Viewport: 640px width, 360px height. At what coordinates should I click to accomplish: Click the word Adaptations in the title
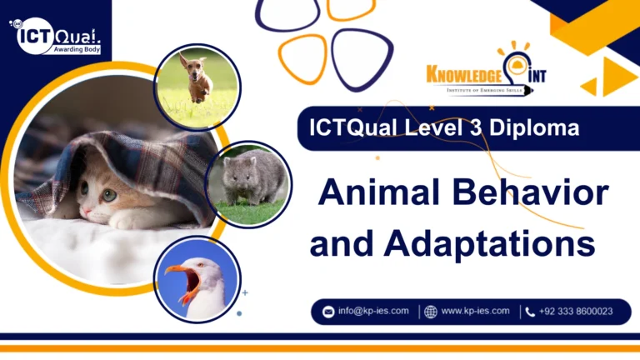click(x=489, y=243)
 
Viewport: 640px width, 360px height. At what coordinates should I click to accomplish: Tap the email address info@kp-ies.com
click(x=373, y=311)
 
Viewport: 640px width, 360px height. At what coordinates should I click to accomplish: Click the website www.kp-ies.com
click(x=475, y=311)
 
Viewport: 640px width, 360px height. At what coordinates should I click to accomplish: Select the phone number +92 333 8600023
click(x=575, y=312)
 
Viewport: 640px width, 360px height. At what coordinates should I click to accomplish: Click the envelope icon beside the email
click(x=328, y=312)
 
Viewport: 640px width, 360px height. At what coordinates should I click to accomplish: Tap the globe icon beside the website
click(x=431, y=312)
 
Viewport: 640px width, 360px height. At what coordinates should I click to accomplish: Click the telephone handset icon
click(x=530, y=312)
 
